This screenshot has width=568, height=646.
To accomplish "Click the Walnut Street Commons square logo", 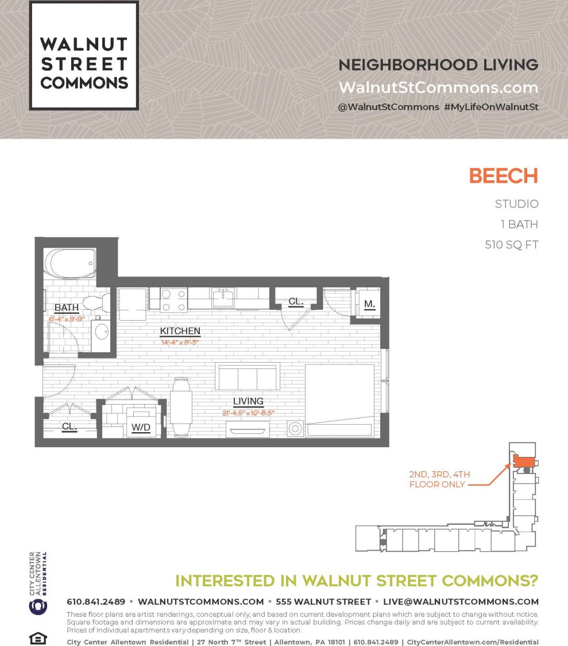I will pos(84,55).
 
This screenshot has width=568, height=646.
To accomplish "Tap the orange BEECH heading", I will pos(503,176).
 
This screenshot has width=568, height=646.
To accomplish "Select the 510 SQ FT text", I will pos(512,244).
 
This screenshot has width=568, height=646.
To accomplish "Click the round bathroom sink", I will pos(102,332).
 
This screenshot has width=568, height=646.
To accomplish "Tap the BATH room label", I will pos(67,308).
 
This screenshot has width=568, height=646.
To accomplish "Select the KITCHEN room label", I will pos(180,331).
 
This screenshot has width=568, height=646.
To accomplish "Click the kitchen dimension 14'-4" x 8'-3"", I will pos(180,342).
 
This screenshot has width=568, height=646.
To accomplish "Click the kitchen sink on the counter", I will pos(222,298).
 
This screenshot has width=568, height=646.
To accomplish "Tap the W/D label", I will pos(141,427).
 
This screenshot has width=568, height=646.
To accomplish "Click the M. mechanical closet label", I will pos(369,303).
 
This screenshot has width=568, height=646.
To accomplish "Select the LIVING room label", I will pos(248,401).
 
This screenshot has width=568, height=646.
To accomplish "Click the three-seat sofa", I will pos(248,377).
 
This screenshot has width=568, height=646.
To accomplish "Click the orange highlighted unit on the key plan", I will pos(523,461).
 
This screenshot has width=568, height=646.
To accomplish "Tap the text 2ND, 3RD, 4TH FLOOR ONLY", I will pos(439,479).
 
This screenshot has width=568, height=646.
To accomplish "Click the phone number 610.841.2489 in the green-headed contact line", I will pos(96,602).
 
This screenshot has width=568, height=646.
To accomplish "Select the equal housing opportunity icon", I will pos(37,639).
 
